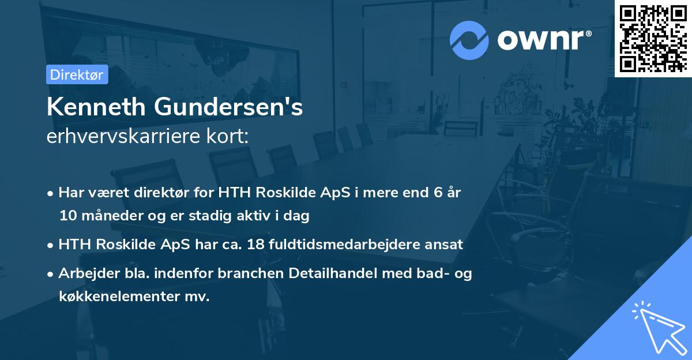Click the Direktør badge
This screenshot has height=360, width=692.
pyautogui.click(x=77, y=74)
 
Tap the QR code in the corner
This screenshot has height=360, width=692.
pyautogui.click(x=653, y=39)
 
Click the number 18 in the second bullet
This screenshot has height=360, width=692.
pyautogui.click(x=255, y=245)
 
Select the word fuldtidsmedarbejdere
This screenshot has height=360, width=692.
pyautogui.click(x=346, y=245)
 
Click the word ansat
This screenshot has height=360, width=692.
pyautogui.click(x=446, y=245)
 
